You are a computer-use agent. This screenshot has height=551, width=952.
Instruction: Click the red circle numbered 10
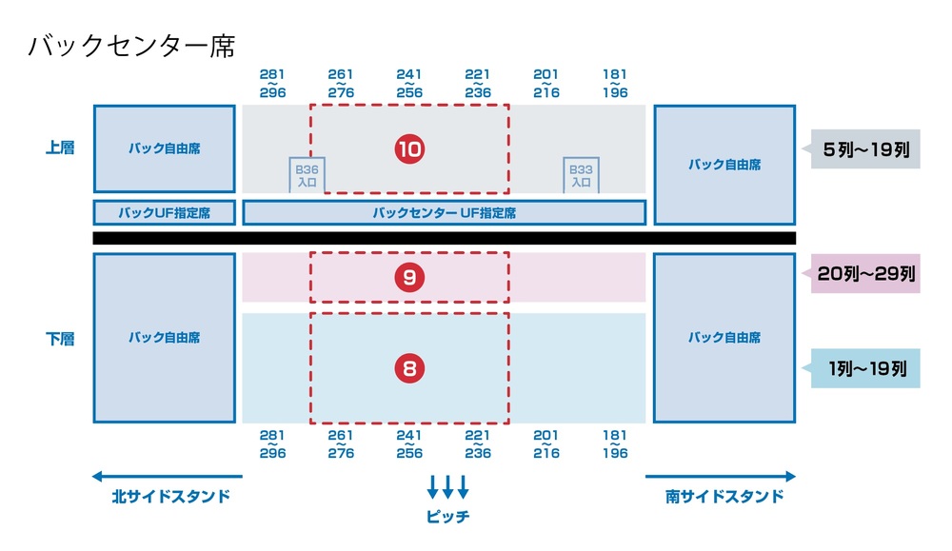tap(409, 149)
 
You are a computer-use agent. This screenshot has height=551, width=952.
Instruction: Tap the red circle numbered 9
tap(409, 278)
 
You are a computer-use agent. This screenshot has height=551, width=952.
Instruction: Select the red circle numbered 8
tap(409, 368)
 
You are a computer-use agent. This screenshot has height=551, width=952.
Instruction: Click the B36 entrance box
tap(307, 175)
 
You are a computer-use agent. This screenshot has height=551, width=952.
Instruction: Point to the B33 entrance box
tap(581, 175)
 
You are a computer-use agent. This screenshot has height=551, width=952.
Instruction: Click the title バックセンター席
tap(131, 47)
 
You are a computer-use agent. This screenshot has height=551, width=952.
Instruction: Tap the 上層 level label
tap(59, 148)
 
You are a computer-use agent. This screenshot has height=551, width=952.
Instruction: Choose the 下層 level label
tap(59, 338)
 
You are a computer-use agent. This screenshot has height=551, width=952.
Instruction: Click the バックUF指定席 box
tap(164, 212)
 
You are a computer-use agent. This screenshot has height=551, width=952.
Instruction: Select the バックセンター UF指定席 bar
tap(445, 212)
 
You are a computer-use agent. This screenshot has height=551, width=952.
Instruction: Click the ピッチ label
tap(447, 517)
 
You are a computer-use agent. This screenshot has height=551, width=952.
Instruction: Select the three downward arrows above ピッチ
tap(447, 486)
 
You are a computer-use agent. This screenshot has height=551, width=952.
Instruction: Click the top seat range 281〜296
tap(272, 84)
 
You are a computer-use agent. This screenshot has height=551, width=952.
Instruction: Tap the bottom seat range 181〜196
tap(615, 444)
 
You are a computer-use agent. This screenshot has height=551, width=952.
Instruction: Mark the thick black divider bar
tap(444, 238)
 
